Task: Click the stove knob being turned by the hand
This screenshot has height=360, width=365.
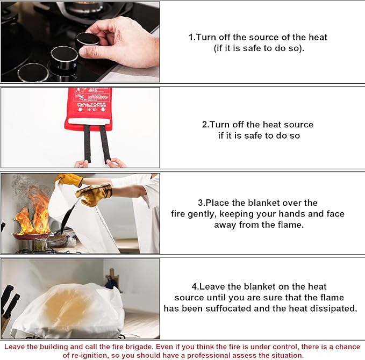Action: coord(87,41)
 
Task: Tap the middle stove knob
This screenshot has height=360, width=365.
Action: coord(64,56)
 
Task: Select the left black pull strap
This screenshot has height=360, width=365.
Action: coord(87,143)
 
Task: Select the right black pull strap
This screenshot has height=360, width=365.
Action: coord(105,143)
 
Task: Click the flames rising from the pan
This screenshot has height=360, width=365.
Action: coord(33,213)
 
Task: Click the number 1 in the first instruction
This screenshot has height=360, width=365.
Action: coord(190,38)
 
